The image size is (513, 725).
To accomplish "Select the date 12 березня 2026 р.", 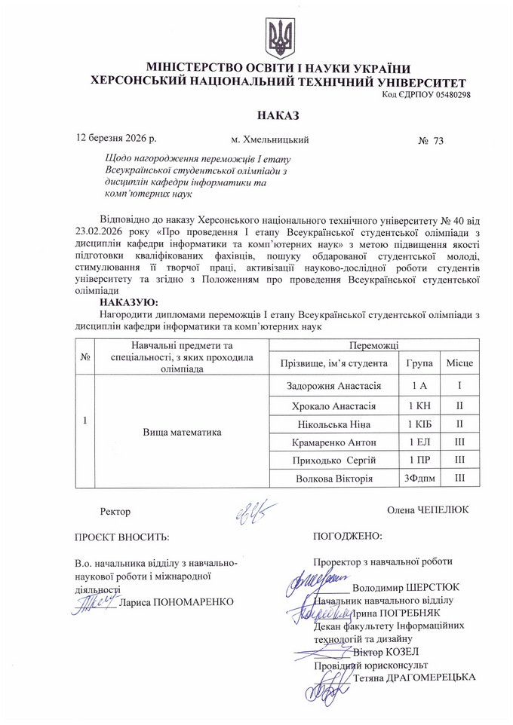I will click(x=117, y=139).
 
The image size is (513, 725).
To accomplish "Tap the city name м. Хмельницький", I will click(x=270, y=140).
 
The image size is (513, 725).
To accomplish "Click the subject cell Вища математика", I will click(x=181, y=433).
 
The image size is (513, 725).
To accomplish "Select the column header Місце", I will click(x=459, y=363).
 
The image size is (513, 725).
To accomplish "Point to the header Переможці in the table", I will click(x=373, y=344).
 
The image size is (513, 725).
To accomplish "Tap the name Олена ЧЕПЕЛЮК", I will click(x=428, y=510).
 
